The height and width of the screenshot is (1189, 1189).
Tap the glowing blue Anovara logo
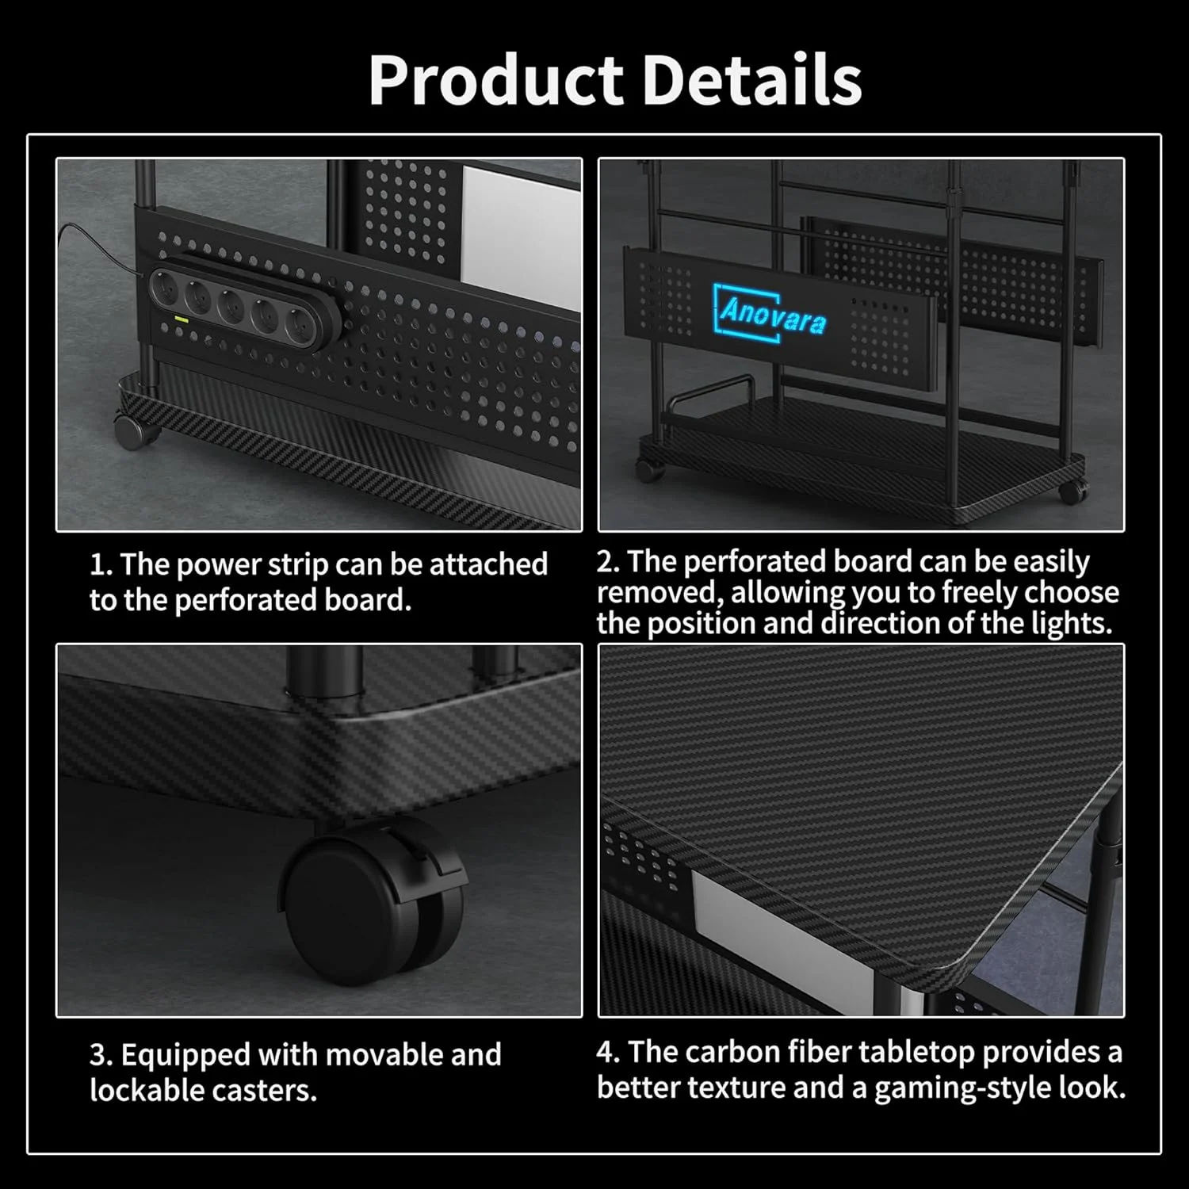pos(770,312)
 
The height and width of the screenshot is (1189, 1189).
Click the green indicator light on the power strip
pos(182,319)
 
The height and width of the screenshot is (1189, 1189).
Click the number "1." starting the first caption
pos(101,564)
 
